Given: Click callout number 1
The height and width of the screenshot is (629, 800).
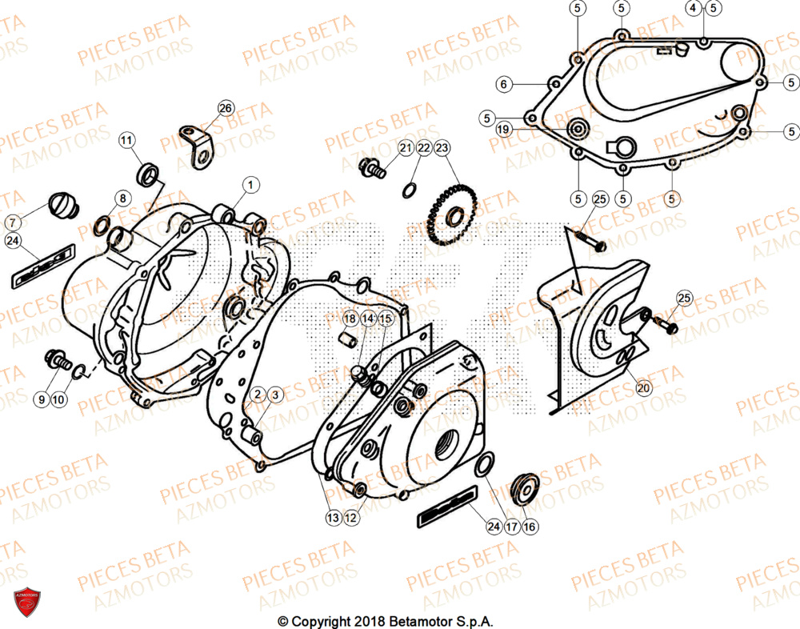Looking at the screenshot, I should coord(250,185).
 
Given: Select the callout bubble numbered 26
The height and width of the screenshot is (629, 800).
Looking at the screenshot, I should coord(226,108).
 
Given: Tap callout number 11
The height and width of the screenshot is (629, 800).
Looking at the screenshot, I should coord(127,141).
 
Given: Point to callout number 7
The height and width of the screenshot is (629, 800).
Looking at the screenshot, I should coord(14,222).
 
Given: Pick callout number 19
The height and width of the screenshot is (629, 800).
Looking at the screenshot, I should coord(502,129).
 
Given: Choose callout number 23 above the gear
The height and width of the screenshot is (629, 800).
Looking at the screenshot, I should coord(442,147).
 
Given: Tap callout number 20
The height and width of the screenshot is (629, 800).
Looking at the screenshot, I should coord(644,387).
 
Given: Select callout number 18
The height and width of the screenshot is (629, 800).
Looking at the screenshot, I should coord(350,319).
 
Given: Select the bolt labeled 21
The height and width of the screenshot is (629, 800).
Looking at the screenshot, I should coord(373,167).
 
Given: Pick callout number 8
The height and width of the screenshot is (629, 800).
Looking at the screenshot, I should coord(122,198).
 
